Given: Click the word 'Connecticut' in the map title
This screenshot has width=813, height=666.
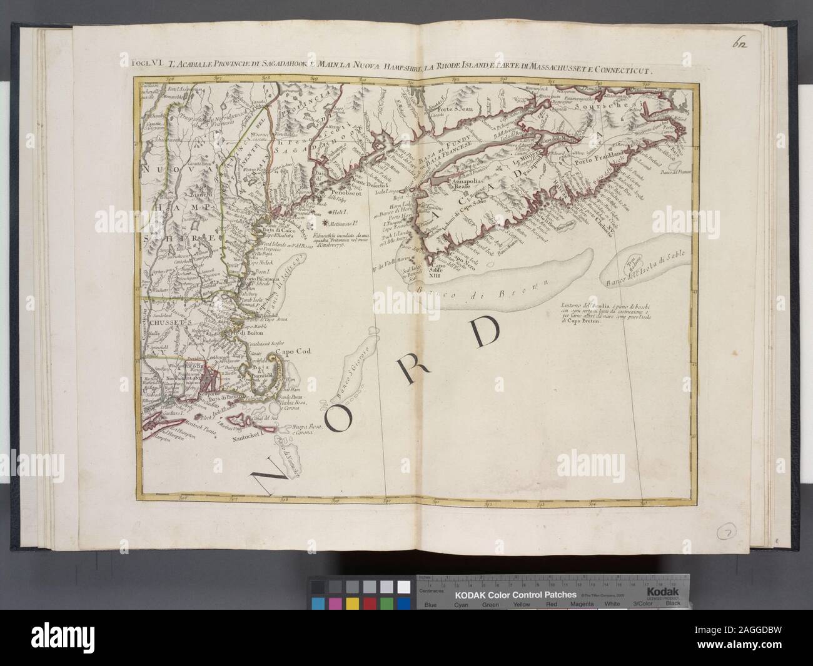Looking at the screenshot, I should pyautogui.click(x=612, y=71).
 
